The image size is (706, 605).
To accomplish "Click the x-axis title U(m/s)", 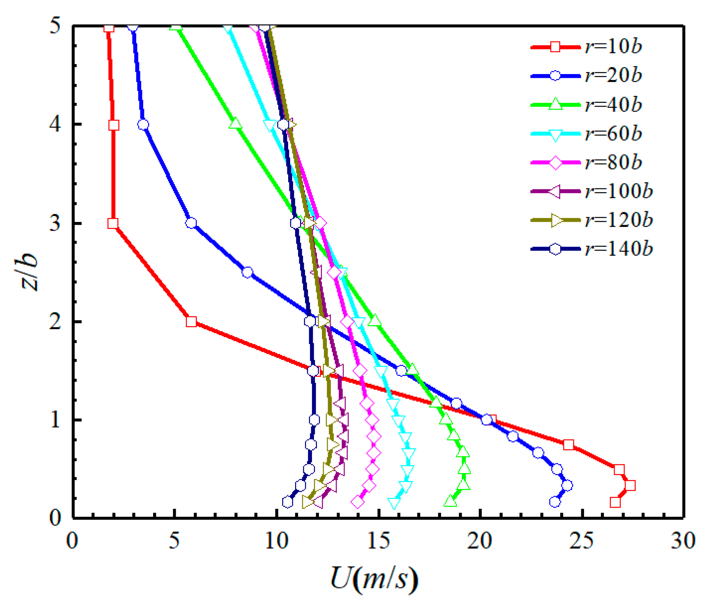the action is pyautogui.click(x=374, y=579).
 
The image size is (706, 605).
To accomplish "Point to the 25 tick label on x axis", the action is pyautogui.click(x=582, y=541).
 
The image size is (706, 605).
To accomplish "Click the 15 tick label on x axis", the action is pyautogui.click(x=378, y=541).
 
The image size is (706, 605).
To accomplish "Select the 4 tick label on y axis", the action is pyautogui.click(x=55, y=124).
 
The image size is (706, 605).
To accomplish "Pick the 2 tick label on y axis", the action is pyautogui.click(x=55, y=321).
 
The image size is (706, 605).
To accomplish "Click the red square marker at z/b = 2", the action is pyautogui.click(x=191, y=321).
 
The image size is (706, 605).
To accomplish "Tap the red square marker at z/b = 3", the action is pyautogui.click(x=113, y=223).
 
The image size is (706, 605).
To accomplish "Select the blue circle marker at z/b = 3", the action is pyautogui.click(x=191, y=223).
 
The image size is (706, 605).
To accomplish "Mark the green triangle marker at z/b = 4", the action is pyautogui.click(x=235, y=124).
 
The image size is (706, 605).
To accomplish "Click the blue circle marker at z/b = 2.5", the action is pyautogui.click(x=247, y=272).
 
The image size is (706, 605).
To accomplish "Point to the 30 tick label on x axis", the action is pyautogui.click(x=683, y=541).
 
